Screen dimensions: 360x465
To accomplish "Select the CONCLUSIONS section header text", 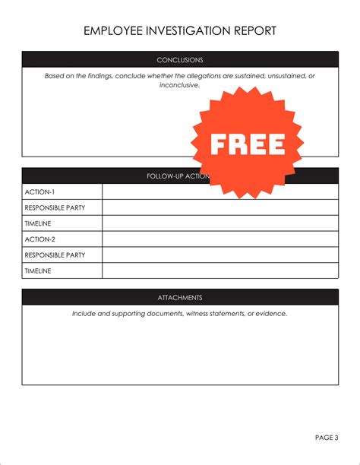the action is point(180,60).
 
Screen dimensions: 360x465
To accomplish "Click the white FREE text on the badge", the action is point(248,143).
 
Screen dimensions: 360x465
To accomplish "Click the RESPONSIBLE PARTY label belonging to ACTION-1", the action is point(55,208).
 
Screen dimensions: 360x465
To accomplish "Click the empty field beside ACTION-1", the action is point(220,192).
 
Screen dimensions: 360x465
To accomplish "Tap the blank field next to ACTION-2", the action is point(220,239).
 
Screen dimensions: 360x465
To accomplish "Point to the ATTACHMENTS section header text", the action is point(180,298).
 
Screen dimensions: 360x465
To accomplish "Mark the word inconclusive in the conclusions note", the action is point(179,85).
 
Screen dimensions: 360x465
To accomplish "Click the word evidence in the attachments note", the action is point(271,314).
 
